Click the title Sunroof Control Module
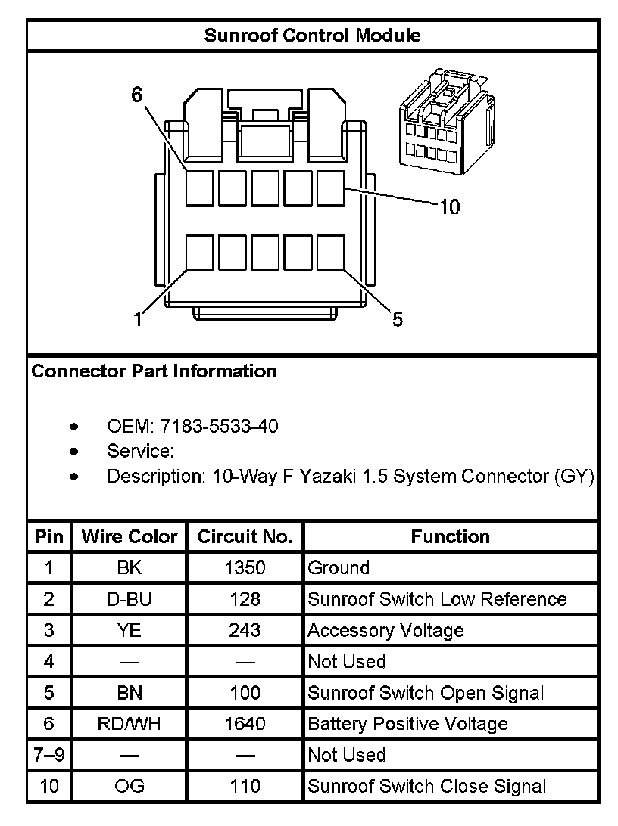pyautogui.click(x=312, y=35)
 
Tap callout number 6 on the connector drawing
pyautogui.click(x=137, y=95)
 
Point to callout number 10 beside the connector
pyautogui.click(x=449, y=207)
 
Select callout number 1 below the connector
pyautogui.click(x=138, y=319)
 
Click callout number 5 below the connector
pyautogui.click(x=398, y=319)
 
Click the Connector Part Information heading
pyautogui.click(x=154, y=371)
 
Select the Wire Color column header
pyautogui.click(x=130, y=536)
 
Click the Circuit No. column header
pyautogui.click(x=245, y=536)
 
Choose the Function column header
pyautogui.click(x=450, y=536)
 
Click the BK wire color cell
pyautogui.click(x=130, y=568)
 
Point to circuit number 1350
pyautogui.click(x=245, y=568)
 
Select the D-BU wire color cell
pyautogui.click(x=130, y=599)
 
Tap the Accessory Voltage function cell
pyautogui.click(x=385, y=630)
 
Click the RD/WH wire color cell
pyautogui.click(x=130, y=724)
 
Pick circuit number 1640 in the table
pyautogui.click(x=245, y=724)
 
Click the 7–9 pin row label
pyautogui.click(x=49, y=755)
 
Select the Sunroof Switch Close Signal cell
pyautogui.click(x=426, y=786)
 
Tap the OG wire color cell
pyautogui.click(x=130, y=786)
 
